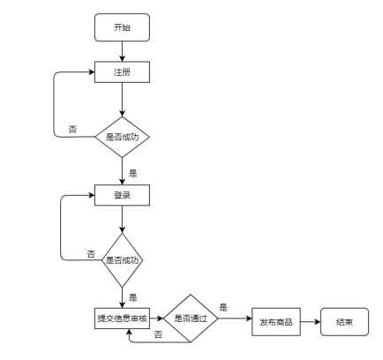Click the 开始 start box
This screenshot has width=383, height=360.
coord(122,27)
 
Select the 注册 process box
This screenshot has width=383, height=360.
coord(122,72)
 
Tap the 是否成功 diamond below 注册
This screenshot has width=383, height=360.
coord(122,137)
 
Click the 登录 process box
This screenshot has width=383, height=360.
coord(122,195)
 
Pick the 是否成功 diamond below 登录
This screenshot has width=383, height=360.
coord(122,260)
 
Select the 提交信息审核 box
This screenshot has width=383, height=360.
coord(122,319)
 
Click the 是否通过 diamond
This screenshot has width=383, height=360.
coord(191,319)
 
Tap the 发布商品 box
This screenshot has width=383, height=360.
coord(276,322)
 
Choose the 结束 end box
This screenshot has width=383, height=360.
coord(344,322)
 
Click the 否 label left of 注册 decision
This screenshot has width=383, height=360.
coord(72,129)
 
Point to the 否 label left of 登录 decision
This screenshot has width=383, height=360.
coord(91,254)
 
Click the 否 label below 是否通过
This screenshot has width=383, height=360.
coord(158,334)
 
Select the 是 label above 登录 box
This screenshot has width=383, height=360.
coord(133,173)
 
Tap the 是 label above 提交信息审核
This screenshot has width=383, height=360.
coord(133,297)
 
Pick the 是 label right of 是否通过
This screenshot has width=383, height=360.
coord(223,308)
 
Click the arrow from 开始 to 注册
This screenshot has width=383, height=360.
coord(122,51)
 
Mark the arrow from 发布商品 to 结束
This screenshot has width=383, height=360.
coord(311,322)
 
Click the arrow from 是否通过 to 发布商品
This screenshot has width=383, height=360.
coord(235,319)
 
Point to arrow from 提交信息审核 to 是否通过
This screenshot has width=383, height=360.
coord(156,319)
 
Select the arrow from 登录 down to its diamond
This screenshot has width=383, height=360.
coord(122,220)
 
